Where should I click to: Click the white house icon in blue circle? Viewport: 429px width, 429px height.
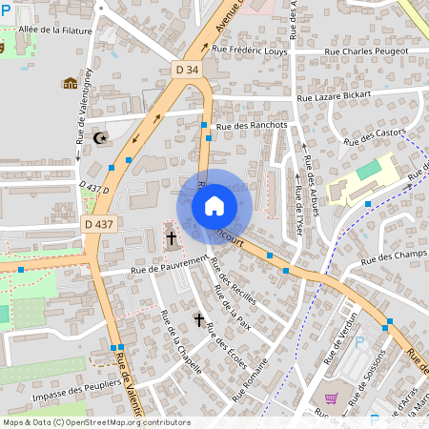coord(214,205)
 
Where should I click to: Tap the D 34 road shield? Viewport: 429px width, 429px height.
coord(188,69)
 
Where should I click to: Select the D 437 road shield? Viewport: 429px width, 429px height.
coord(98,224)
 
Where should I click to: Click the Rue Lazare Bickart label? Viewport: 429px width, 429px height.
coord(333,97)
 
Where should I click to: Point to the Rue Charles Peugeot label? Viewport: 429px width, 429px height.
coord(366,51)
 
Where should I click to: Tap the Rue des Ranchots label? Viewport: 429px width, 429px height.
coord(253,125)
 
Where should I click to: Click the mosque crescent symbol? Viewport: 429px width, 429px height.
coord(100,139)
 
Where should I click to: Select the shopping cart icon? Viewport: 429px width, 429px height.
coord(331,399)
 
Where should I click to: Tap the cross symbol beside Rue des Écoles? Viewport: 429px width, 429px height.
coord(200,319)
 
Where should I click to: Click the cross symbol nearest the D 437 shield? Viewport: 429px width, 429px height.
coord(173,236)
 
